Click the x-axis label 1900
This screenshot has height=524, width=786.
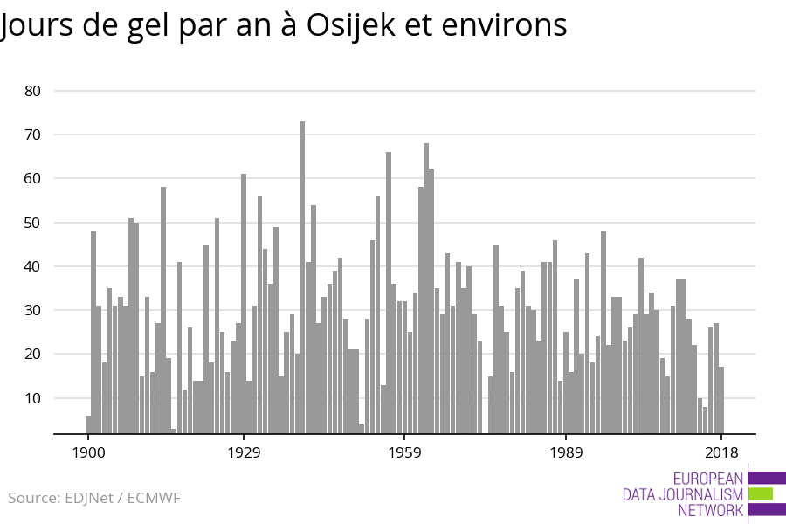(x=88, y=452)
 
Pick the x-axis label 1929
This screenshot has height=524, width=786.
(x=244, y=452)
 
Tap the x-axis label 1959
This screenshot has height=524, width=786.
(x=404, y=452)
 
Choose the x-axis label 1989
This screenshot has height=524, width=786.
(x=566, y=452)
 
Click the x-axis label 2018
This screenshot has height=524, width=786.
(x=721, y=452)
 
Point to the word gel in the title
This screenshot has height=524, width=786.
(x=150, y=26)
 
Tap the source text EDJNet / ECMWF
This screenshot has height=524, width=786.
(x=122, y=499)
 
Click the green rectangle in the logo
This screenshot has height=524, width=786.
(x=761, y=493)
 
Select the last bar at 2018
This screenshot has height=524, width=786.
(x=721, y=399)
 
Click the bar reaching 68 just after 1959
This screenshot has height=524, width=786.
(x=426, y=288)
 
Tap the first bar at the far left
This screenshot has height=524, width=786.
(x=88, y=424)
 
